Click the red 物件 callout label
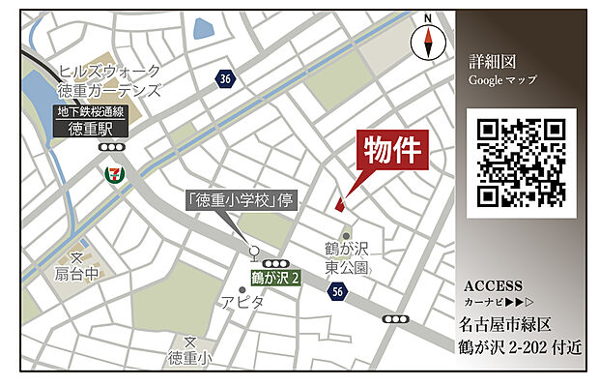tap(393, 152)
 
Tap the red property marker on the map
tap(339, 203)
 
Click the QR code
tap(521, 163)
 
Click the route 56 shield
tap(336, 290)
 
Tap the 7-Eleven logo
tap(115, 175)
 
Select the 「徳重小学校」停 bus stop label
tap(239, 202)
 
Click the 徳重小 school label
tap(189, 358)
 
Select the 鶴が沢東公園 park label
tap(347, 256)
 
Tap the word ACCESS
tap(493, 286)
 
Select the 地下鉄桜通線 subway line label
tap(93, 113)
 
